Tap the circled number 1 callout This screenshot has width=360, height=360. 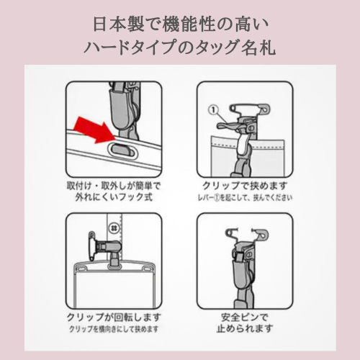[x=214, y=110]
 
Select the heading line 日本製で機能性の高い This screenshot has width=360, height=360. [x=181, y=24]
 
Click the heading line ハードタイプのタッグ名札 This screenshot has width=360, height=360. [x=179, y=47]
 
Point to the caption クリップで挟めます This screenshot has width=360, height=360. [x=245, y=186]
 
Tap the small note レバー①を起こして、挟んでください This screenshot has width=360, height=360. [x=245, y=197]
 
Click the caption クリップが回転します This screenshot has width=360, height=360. [x=114, y=318]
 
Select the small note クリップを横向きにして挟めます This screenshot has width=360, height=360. [x=114, y=329]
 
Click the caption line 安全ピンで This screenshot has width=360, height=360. [x=244, y=318]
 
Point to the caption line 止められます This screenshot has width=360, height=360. [x=245, y=328]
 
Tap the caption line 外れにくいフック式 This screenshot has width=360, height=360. [x=114, y=197]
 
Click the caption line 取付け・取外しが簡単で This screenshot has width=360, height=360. [x=114, y=186]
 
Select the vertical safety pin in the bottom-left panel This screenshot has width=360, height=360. [x=92, y=247]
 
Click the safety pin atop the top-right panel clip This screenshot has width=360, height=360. [x=250, y=108]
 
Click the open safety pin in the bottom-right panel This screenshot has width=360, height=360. [x=247, y=233]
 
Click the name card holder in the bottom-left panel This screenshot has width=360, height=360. [x=114, y=286]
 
